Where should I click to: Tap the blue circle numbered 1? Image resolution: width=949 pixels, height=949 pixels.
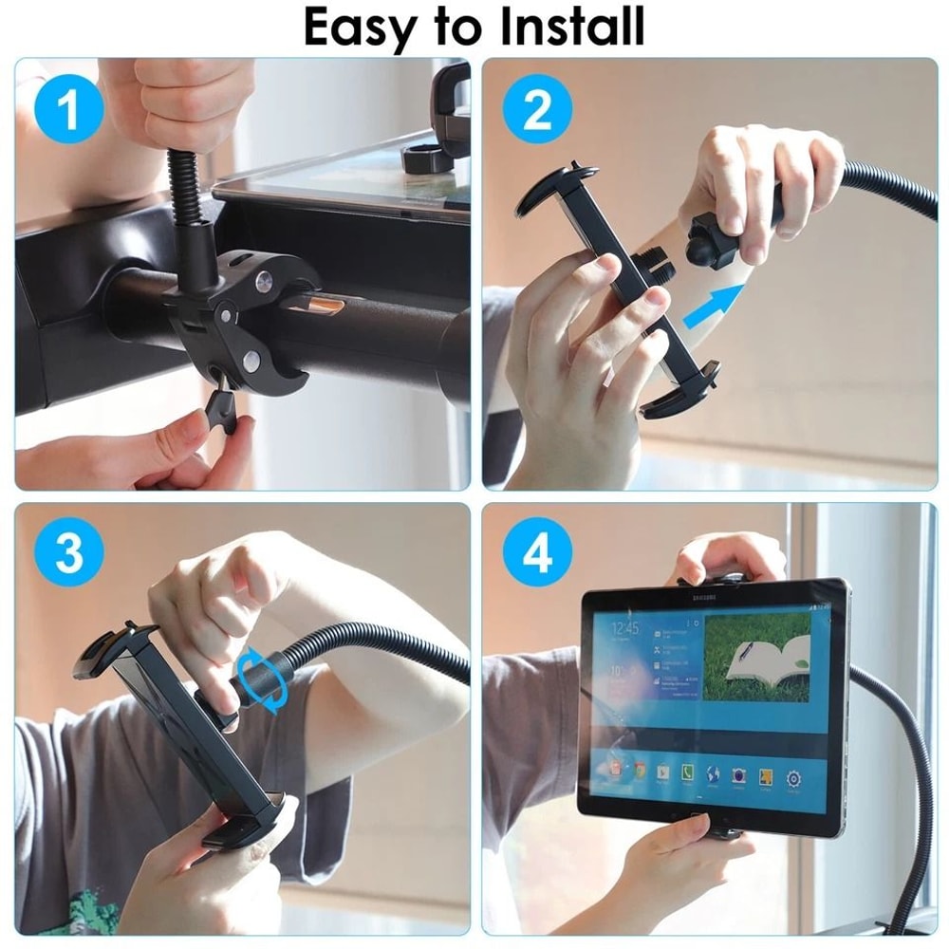click(68, 111)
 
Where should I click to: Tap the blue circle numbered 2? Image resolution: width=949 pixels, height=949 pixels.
click(537, 111)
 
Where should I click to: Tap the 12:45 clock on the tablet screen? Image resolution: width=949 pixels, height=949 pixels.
click(624, 628)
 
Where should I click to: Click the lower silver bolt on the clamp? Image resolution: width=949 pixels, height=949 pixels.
click(251, 361)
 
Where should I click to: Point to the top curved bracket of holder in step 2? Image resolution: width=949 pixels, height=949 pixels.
click(558, 185)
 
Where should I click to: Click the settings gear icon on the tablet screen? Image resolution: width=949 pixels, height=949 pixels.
click(793, 778)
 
